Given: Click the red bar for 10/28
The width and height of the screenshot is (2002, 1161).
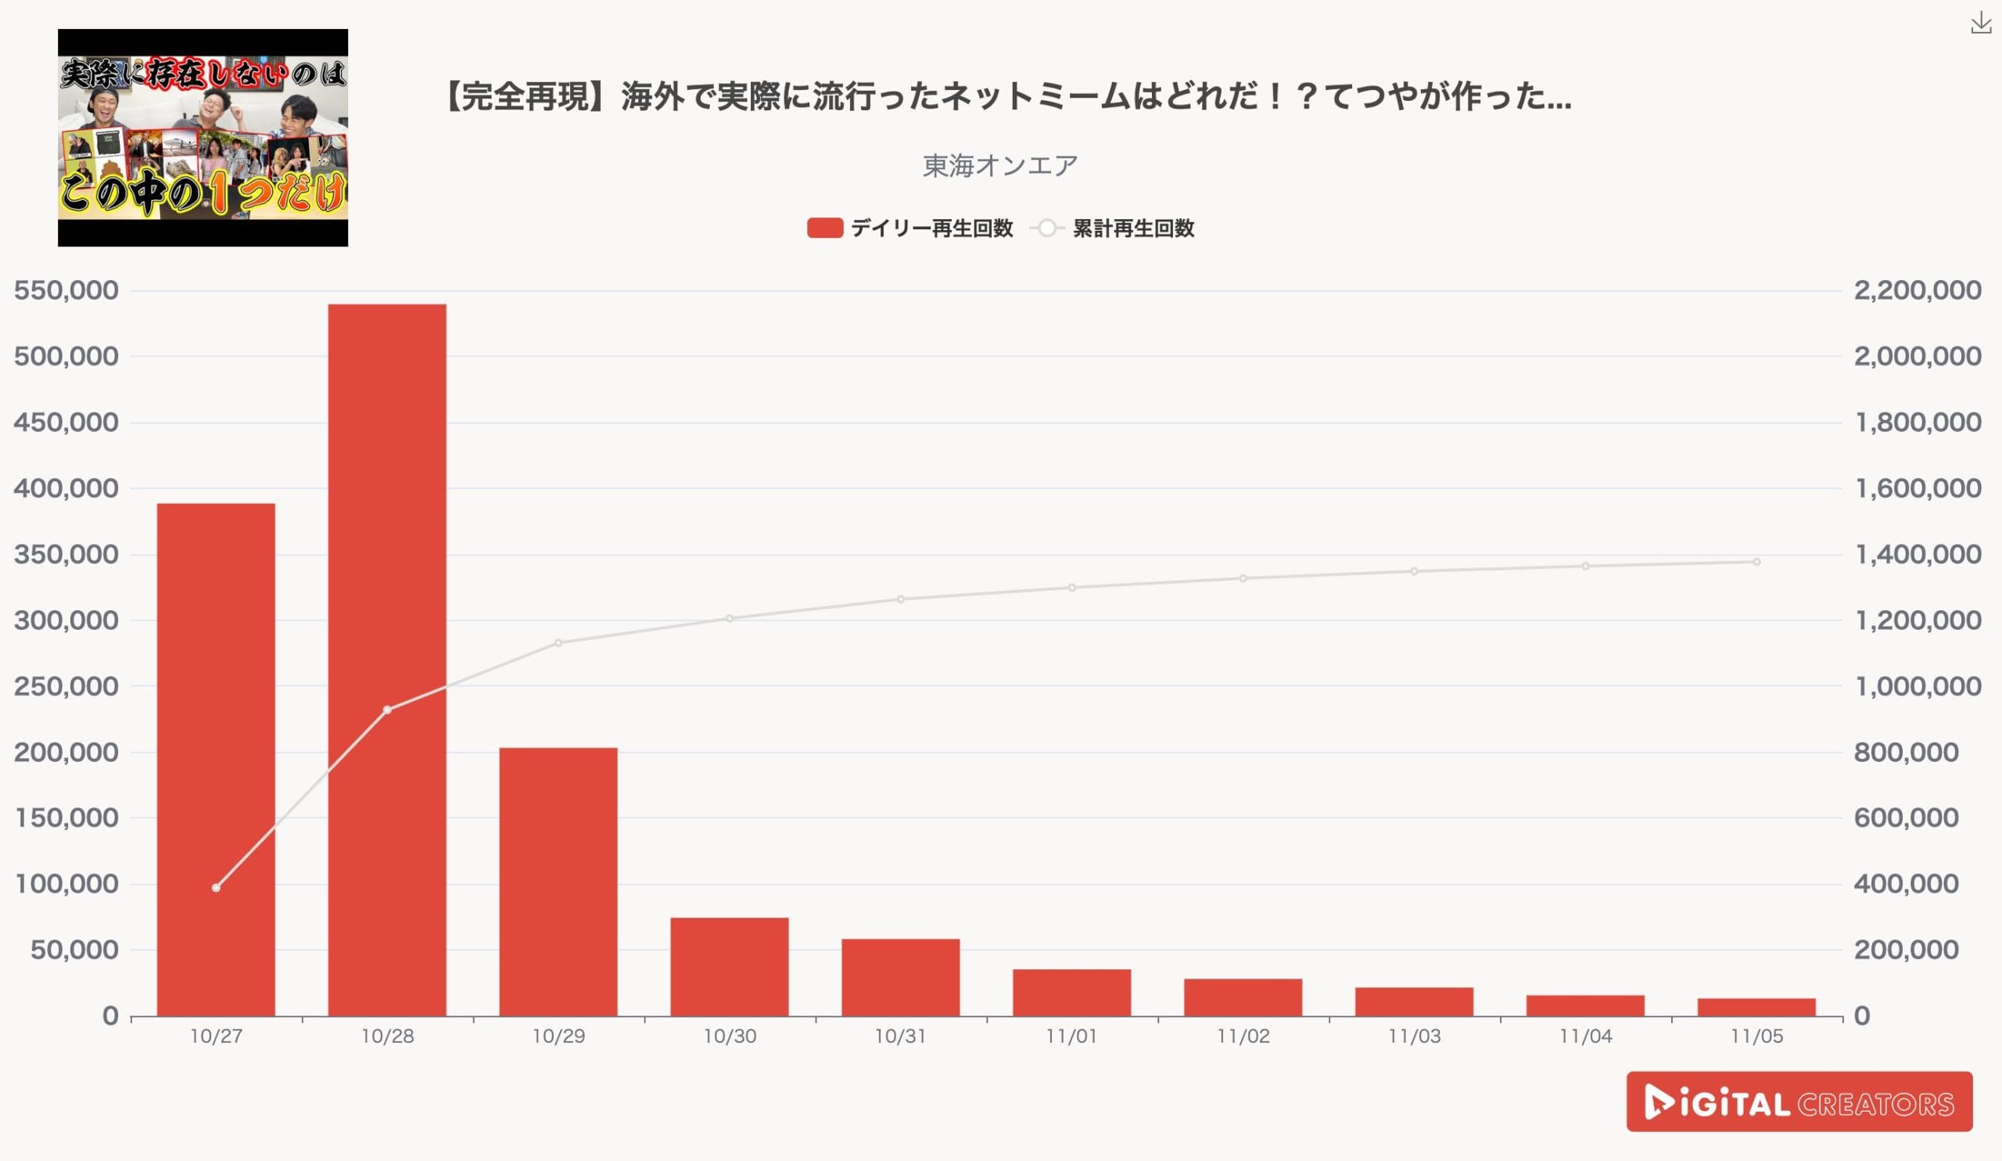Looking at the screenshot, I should [387, 660].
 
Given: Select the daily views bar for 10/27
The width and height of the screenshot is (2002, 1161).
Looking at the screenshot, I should [216, 759].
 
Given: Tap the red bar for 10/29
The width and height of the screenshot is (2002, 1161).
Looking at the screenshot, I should [558, 881].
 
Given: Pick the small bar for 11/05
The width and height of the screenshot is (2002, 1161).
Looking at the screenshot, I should [1756, 1007].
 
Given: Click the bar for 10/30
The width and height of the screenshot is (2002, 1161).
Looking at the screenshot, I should [730, 966].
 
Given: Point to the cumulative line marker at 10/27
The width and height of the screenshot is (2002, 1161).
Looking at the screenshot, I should [216, 888].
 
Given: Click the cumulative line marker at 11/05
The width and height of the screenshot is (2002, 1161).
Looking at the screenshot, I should [1756, 562].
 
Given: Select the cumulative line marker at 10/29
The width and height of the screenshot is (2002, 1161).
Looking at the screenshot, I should [558, 643].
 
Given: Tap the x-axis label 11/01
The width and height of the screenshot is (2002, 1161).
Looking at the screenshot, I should [1071, 1037].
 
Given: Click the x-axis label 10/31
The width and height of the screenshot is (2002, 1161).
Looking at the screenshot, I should [900, 1037].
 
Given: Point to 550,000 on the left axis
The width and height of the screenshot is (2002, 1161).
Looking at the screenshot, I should [66, 291].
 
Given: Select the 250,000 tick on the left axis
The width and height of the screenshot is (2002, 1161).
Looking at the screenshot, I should [66, 687].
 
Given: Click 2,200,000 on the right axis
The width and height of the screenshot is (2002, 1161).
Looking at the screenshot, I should [1918, 291].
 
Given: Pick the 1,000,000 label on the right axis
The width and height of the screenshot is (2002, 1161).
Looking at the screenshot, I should [1918, 687].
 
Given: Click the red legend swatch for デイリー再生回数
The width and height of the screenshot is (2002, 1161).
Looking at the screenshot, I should [824, 229].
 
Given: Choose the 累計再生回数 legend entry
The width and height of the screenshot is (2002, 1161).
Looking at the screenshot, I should [1132, 229].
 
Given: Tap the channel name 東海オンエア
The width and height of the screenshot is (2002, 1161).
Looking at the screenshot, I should [1000, 165].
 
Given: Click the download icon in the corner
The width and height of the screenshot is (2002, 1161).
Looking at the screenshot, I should [1981, 23].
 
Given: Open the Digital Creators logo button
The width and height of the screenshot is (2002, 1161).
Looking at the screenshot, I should [1799, 1102].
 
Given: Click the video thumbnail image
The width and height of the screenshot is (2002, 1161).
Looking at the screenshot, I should [203, 138].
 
